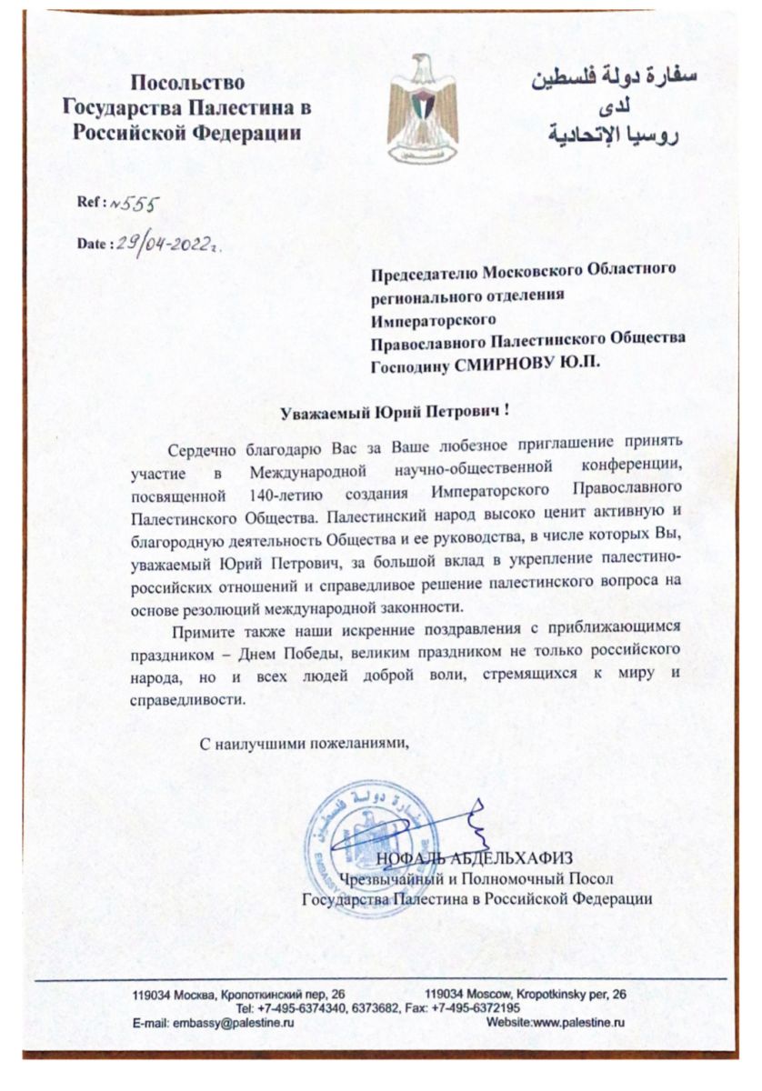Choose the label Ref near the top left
coord(92,205)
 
